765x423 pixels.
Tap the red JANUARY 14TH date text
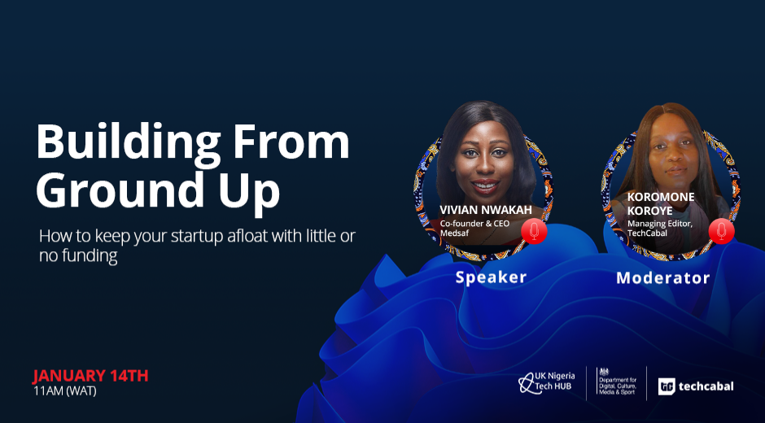[90, 376]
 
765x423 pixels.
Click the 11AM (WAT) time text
[65, 391]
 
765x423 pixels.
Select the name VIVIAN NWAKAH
[485, 210]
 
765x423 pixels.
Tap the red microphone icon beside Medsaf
[534, 231]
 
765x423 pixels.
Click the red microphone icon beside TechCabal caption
[722, 231]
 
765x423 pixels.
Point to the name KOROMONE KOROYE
[661, 204]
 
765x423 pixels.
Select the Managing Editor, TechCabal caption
[660, 229]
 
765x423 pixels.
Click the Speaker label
[491, 277]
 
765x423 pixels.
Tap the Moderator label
[662, 277]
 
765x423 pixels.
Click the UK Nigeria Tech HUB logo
[546, 382]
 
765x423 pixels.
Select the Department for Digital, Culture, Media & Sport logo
[617, 382]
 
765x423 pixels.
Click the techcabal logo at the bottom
[696, 386]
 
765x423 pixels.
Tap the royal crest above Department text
[604, 373]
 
